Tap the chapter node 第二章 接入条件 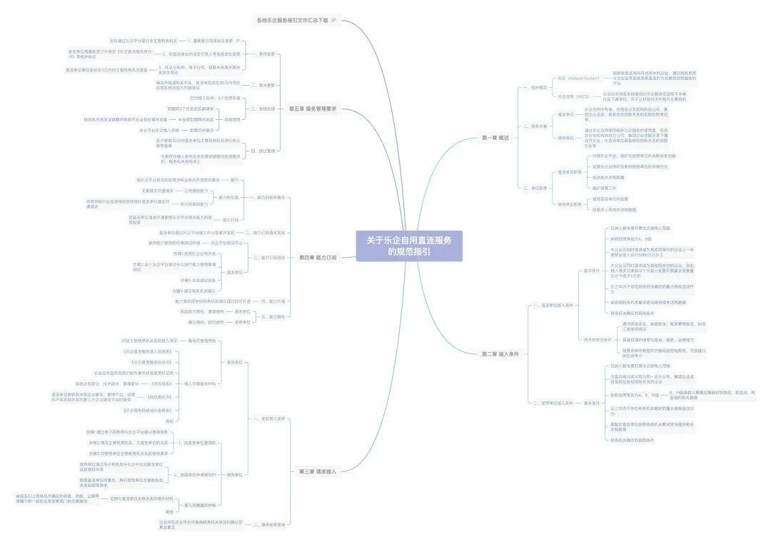click(x=500, y=353)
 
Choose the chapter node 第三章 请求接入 click(x=317, y=471)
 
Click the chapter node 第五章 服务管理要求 click(x=313, y=109)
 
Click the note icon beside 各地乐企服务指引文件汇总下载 click(x=333, y=20)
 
